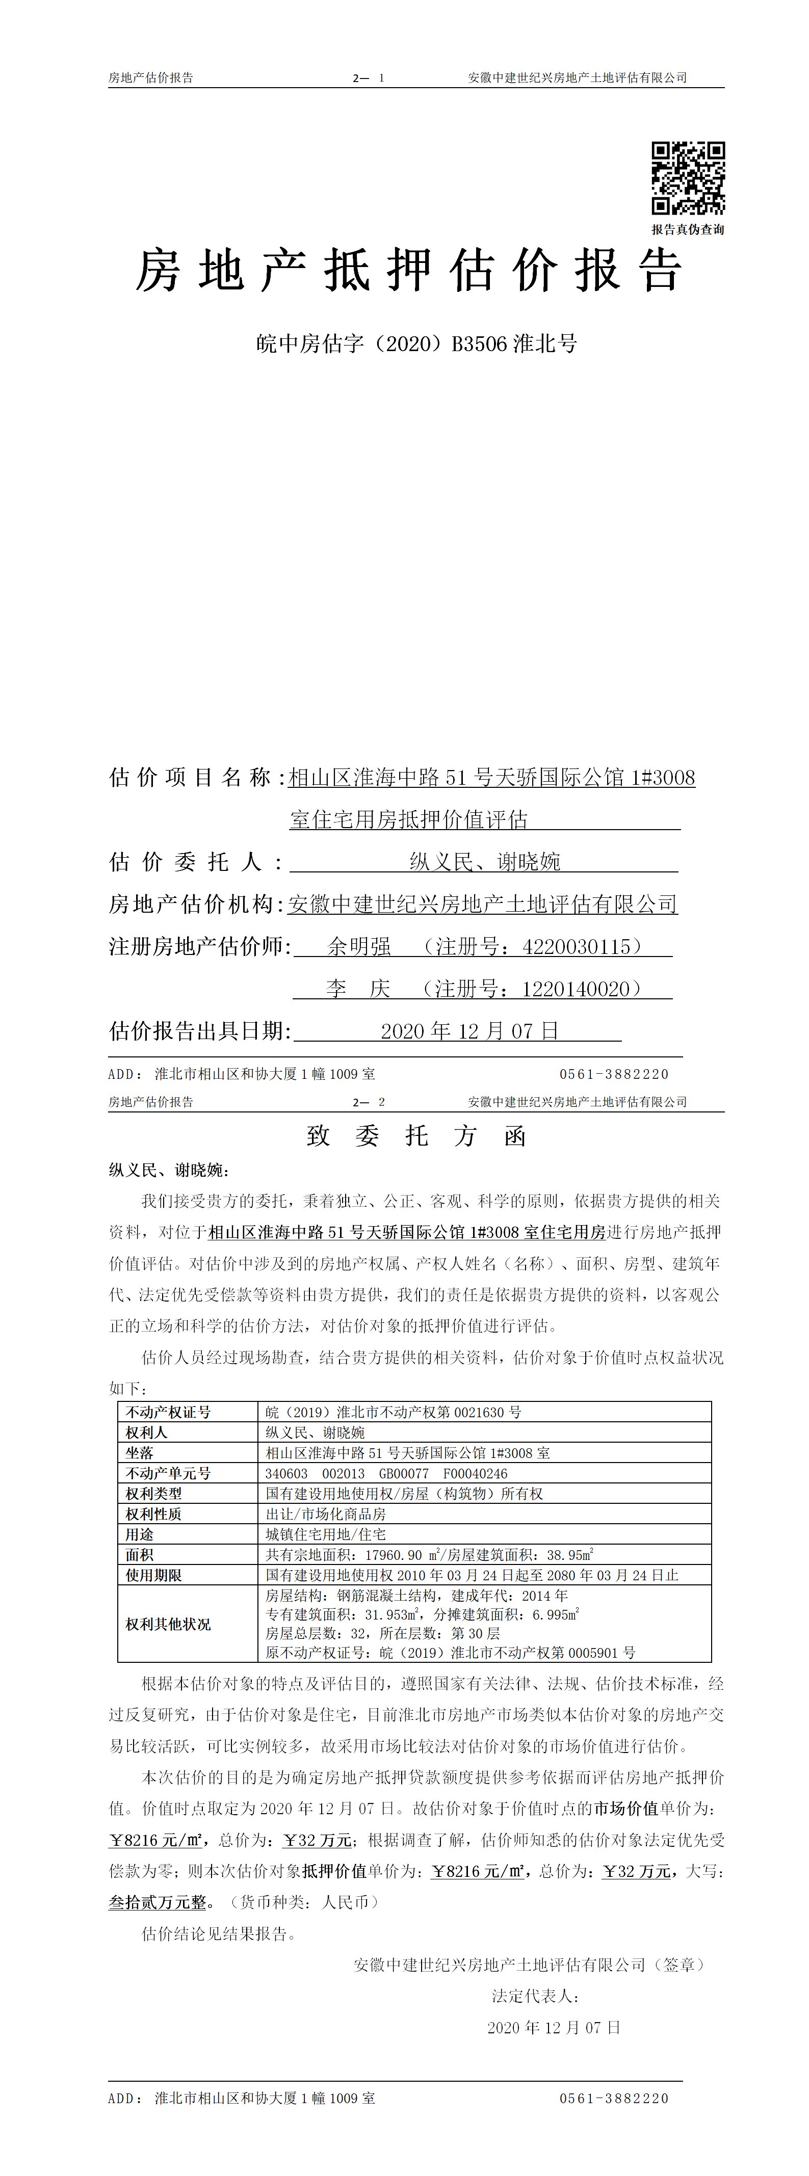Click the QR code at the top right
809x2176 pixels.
[x=687, y=178]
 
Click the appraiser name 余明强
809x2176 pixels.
[x=359, y=947]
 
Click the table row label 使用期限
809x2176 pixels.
[x=154, y=1575]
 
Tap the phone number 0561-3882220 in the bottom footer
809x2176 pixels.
[x=614, y=2099]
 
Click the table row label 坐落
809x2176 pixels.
[x=140, y=1453]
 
